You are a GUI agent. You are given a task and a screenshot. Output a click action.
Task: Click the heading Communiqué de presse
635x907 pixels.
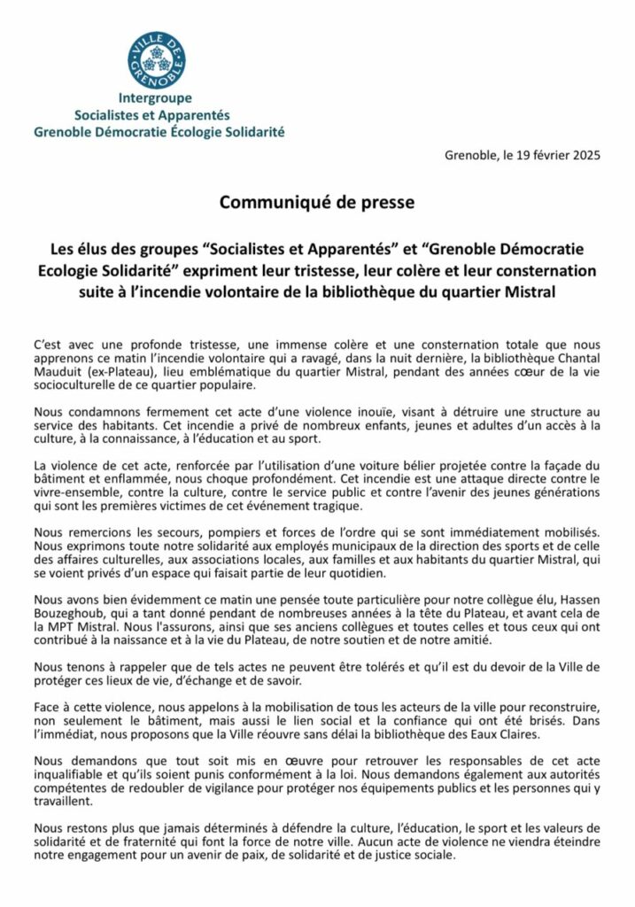(317, 203)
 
